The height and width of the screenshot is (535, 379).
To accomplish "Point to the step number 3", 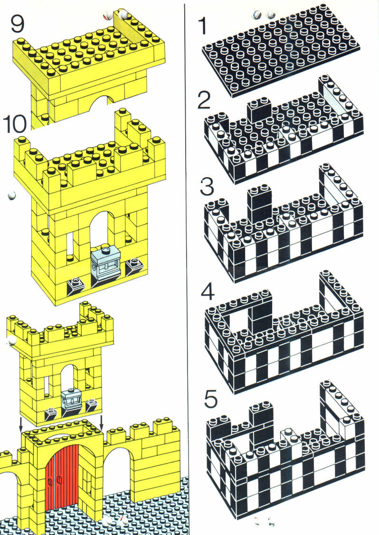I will click(207, 187).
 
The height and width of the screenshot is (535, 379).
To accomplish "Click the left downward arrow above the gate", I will click(20, 423).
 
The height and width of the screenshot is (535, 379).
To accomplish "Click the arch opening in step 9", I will click(104, 101).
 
